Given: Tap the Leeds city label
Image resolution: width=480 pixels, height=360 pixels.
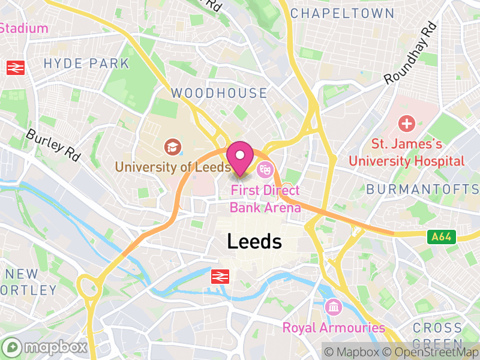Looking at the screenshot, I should (254, 241).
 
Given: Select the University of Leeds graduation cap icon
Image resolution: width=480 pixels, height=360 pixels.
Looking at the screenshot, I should (172, 146).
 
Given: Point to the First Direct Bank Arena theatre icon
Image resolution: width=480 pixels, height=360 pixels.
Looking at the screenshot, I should (264, 170).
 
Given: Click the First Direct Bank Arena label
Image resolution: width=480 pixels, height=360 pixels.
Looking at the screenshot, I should (265, 199).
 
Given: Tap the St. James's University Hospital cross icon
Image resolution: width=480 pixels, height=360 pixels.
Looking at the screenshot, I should (407, 125).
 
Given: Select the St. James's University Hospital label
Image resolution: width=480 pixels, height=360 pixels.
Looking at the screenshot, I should (407, 152).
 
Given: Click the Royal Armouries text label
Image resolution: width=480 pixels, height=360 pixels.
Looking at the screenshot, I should (334, 328).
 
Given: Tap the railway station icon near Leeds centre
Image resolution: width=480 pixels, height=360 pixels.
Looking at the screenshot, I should (221, 277).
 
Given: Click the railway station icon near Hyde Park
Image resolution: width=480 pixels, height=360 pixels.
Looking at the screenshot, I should (16, 68).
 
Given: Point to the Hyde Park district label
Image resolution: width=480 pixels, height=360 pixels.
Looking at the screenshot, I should (86, 63).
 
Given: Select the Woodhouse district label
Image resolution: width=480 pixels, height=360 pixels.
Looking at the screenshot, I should (219, 93).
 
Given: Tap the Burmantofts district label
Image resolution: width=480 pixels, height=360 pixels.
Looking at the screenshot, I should (422, 189).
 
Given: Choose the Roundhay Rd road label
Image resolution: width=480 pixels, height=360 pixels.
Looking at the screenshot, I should (410, 53).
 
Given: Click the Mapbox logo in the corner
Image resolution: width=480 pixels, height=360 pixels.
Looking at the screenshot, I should (46, 347).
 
